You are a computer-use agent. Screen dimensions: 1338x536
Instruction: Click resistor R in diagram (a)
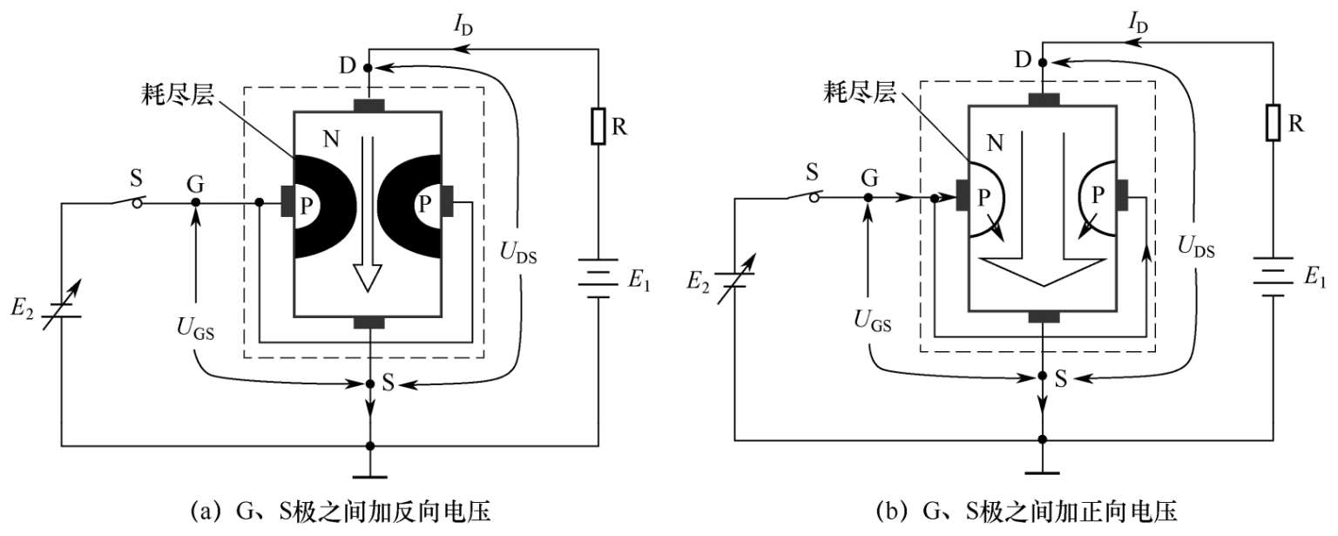pyautogui.click(x=598, y=126)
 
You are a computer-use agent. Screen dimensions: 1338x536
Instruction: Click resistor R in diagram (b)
pyautogui.click(x=1273, y=123)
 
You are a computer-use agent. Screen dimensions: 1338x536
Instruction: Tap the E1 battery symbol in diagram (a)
pyautogui.click(x=598, y=278)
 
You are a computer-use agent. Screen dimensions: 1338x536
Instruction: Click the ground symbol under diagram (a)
pyautogui.click(x=369, y=477)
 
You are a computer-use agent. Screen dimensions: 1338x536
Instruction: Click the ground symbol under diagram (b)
pyautogui.click(x=1043, y=472)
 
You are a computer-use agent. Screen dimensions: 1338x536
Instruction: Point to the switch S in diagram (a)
pyautogui.click(x=127, y=200)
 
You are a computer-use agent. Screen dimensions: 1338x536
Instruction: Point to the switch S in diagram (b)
pyautogui.click(x=804, y=195)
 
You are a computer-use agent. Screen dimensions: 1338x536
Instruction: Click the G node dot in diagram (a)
pyautogui.click(x=195, y=202)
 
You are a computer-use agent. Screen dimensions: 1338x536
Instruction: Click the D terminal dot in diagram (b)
pyautogui.click(x=1043, y=62)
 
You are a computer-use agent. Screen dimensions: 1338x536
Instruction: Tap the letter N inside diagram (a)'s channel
pyautogui.click(x=331, y=139)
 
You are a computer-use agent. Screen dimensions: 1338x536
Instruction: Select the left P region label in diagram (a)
pyautogui.click(x=306, y=206)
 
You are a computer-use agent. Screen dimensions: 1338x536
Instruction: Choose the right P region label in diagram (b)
pyautogui.click(x=1098, y=195)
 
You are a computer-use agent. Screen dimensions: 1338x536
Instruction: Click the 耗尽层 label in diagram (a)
pyautogui.click(x=178, y=94)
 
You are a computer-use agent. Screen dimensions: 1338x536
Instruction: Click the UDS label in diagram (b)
pyautogui.click(x=1196, y=247)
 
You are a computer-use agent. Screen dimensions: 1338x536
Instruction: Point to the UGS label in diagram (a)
pyautogui.click(x=195, y=328)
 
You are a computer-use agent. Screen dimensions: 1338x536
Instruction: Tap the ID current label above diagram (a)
pyautogui.click(x=463, y=25)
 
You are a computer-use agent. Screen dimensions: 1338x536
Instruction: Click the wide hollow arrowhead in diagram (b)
pyautogui.click(x=1043, y=272)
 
